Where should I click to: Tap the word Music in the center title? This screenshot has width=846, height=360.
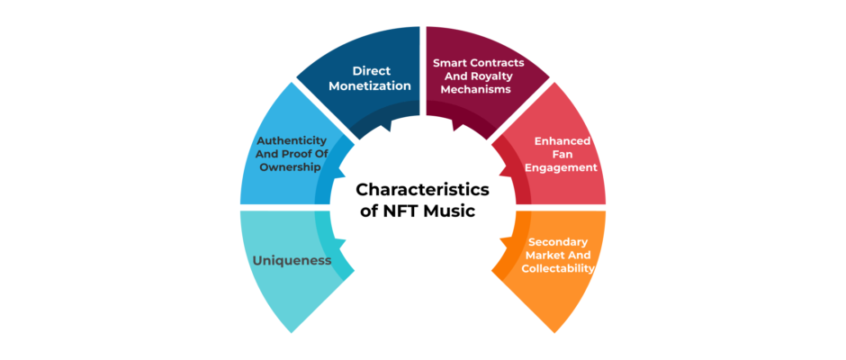click(x=449, y=211)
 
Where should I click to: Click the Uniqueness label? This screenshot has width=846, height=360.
click(x=292, y=261)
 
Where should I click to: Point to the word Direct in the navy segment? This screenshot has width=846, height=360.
click(x=372, y=71)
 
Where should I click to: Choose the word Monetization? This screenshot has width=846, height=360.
click(x=370, y=85)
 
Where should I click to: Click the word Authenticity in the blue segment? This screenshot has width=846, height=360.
click(x=292, y=141)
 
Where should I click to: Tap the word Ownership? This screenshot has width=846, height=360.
click(x=291, y=167)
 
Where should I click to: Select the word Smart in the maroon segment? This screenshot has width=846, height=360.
click(x=449, y=63)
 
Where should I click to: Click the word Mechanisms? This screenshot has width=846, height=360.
click(x=475, y=90)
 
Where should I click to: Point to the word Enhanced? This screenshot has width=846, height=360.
click(x=562, y=141)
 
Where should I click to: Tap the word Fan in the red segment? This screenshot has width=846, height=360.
click(x=562, y=155)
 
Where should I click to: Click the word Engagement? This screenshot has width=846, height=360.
click(x=562, y=168)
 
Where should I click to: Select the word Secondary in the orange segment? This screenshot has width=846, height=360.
click(x=558, y=241)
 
